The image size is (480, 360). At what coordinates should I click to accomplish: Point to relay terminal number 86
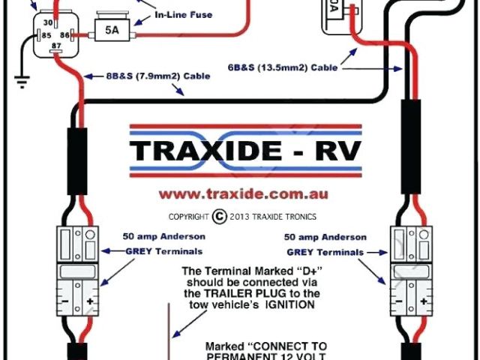pos(65,34)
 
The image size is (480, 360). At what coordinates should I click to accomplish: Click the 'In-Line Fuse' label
pos(184,14)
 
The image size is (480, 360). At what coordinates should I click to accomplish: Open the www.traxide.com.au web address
pos(244,193)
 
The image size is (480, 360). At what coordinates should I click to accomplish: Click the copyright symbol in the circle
pos(219,216)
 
